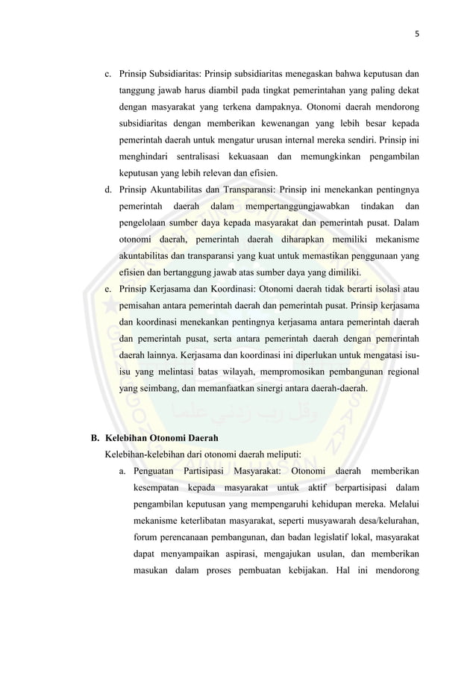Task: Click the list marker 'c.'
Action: click(108, 74)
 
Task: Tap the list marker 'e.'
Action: click(108, 289)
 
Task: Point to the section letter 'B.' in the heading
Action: click(95, 438)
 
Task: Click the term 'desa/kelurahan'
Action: click(381, 520)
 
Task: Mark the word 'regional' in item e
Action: click(398, 372)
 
